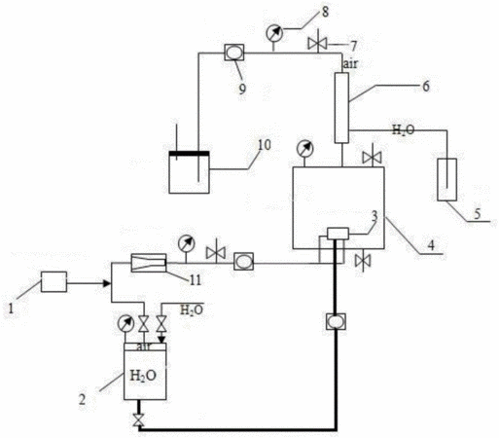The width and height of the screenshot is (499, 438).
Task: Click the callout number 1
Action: (11, 308)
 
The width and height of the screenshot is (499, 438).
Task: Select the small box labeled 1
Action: (53, 282)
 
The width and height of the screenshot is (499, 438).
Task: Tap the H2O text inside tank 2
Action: (143, 376)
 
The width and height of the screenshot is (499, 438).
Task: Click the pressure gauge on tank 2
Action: (125, 324)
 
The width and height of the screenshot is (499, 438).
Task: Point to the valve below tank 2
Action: (139, 420)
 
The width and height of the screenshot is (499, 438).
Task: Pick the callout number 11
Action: (196, 279)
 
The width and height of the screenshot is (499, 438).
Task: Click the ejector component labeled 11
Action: (149, 263)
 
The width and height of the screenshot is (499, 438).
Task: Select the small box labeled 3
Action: (338, 234)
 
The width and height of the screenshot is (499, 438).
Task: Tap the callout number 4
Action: (431, 244)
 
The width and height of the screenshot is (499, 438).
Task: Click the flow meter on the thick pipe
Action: (337, 321)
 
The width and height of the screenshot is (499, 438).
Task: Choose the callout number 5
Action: (478, 214)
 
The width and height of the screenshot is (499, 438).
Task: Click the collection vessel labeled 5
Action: (446, 179)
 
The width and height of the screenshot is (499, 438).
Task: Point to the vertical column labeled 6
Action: (341, 108)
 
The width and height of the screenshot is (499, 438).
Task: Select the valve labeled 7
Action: (317, 44)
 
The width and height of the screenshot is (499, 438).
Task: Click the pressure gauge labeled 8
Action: (274, 33)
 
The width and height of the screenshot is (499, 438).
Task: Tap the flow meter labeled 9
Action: (234, 53)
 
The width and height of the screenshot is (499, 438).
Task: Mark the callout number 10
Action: (265, 145)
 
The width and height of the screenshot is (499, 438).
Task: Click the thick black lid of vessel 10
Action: (189, 154)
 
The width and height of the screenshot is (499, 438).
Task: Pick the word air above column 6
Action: (350, 64)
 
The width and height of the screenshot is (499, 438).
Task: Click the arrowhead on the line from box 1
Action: (106, 283)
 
